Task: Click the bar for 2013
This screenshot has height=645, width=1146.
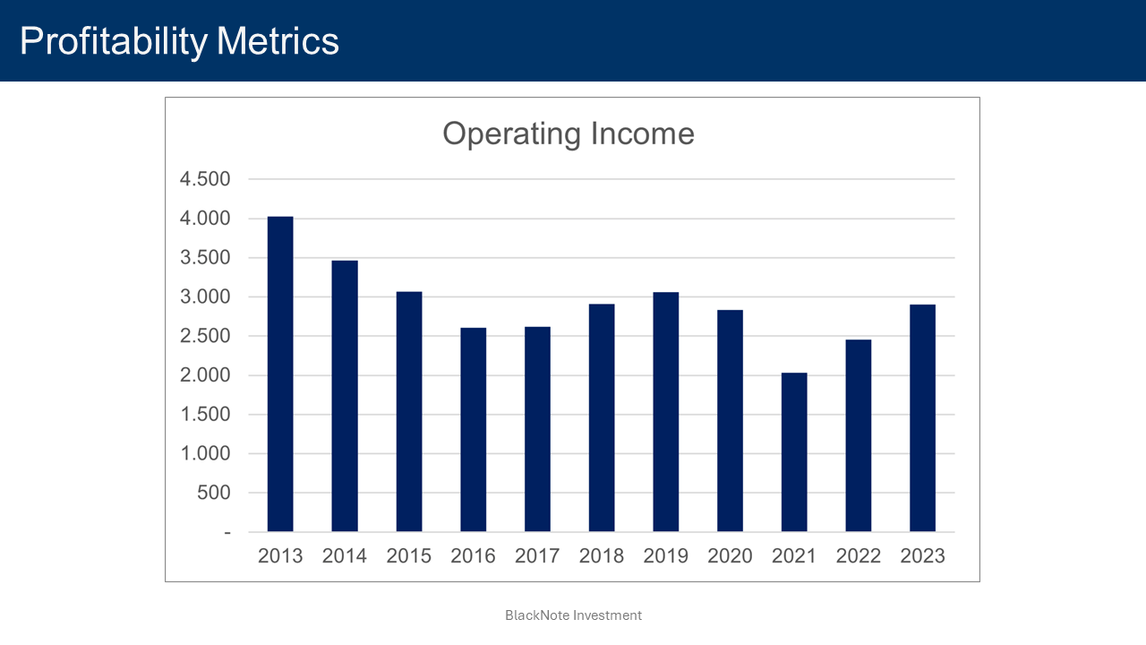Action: [x=280, y=374]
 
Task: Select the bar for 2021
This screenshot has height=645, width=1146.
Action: [x=794, y=452]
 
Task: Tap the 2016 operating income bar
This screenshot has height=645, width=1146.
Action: [x=473, y=430]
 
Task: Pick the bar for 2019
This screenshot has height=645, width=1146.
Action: [x=665, y=412]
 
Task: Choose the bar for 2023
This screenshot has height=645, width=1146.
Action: [x=922, y=418]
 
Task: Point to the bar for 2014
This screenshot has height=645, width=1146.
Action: [x=345, y=396]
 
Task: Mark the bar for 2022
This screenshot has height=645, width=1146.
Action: [x=858, y=435]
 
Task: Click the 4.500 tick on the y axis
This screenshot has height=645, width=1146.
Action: [x=205, y=179]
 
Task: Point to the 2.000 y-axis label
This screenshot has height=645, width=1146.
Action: [x=205, y=375]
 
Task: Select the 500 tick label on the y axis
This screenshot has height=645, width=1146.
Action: [x=213, y=493]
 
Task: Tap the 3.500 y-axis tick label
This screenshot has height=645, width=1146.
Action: [x=205, y=258]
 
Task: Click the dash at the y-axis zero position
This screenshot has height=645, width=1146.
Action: [x=227, y=532]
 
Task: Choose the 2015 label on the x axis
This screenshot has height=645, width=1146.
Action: [x=408, y=556]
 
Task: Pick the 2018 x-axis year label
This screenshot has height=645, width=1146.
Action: [x=602, y=556]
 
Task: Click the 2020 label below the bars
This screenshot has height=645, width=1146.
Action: [x=730, y=556]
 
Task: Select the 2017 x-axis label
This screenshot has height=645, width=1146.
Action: [x=537, y=556]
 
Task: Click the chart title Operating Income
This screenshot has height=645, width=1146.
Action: [x=569, y=134]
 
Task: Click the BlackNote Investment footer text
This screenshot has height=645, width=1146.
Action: [x=573, y=615]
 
